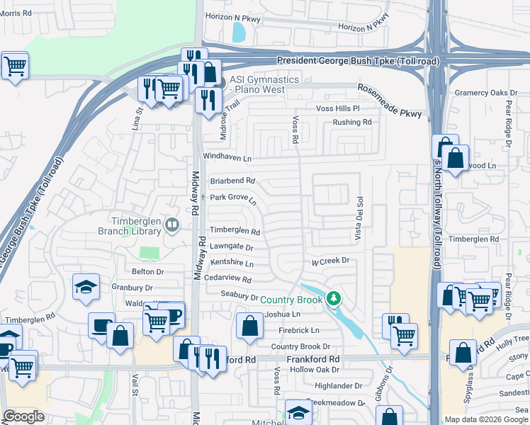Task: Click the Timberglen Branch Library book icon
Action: click(x=171, y=226)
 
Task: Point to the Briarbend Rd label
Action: click(x=232, y=181)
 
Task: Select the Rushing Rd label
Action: click(x=352, y=123)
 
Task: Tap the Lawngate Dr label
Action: click(x=231, y=247)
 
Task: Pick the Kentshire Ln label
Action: click(x=232, y=263)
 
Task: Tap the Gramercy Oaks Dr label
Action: click(x=487, y=93)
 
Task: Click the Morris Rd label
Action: click(x=16, y=13)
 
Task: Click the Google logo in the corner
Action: click(x=24, y=416)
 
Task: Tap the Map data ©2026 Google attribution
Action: click(x=486, y=419)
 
